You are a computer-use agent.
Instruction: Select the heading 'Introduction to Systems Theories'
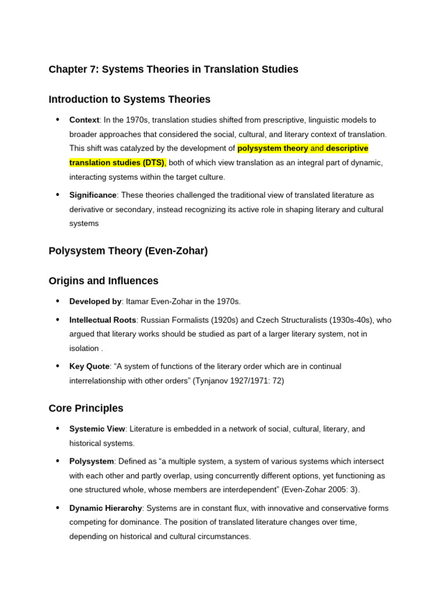pos(130,99)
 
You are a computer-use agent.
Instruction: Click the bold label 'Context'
pos(84,120)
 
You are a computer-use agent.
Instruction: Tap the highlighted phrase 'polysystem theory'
pos(272,148)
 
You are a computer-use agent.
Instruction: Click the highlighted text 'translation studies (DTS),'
pos(117,163)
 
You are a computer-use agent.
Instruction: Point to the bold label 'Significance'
pos(93,195)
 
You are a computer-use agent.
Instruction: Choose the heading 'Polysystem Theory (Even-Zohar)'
pos(128,251)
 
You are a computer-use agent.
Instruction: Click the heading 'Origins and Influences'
pos(103,281)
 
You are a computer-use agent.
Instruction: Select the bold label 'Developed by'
pos(95,302)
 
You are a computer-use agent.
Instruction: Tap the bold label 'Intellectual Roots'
pos(102,320)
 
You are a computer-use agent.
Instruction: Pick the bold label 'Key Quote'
pos(89,367)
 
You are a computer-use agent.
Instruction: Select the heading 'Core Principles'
pos(86,408)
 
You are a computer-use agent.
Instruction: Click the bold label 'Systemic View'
pos(97,429)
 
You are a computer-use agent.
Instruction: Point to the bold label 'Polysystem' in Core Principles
pos(91,461)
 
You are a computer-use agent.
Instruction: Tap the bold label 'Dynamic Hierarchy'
pos(106,508)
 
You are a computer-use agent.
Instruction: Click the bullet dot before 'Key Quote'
pos(57,366)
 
